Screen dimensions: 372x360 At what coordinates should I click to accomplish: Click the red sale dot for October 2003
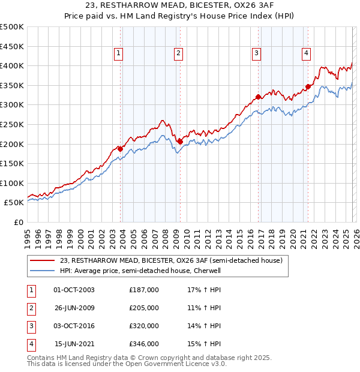coord(120,149)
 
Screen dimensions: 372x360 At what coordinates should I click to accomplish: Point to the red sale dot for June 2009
coord(180,142)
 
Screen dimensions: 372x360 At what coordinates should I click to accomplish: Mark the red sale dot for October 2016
coord(258,97)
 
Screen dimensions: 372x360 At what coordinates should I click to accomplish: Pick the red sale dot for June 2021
coord(308,86)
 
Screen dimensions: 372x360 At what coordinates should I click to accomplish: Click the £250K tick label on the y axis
coord(12,124)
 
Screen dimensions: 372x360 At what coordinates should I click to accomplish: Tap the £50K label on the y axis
coord(14,203)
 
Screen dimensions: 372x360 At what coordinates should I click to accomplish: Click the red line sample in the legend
coord(43,260)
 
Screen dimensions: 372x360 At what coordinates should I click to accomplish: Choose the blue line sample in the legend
coord(43,271)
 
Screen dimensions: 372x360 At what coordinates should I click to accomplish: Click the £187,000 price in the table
coord(144,290)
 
